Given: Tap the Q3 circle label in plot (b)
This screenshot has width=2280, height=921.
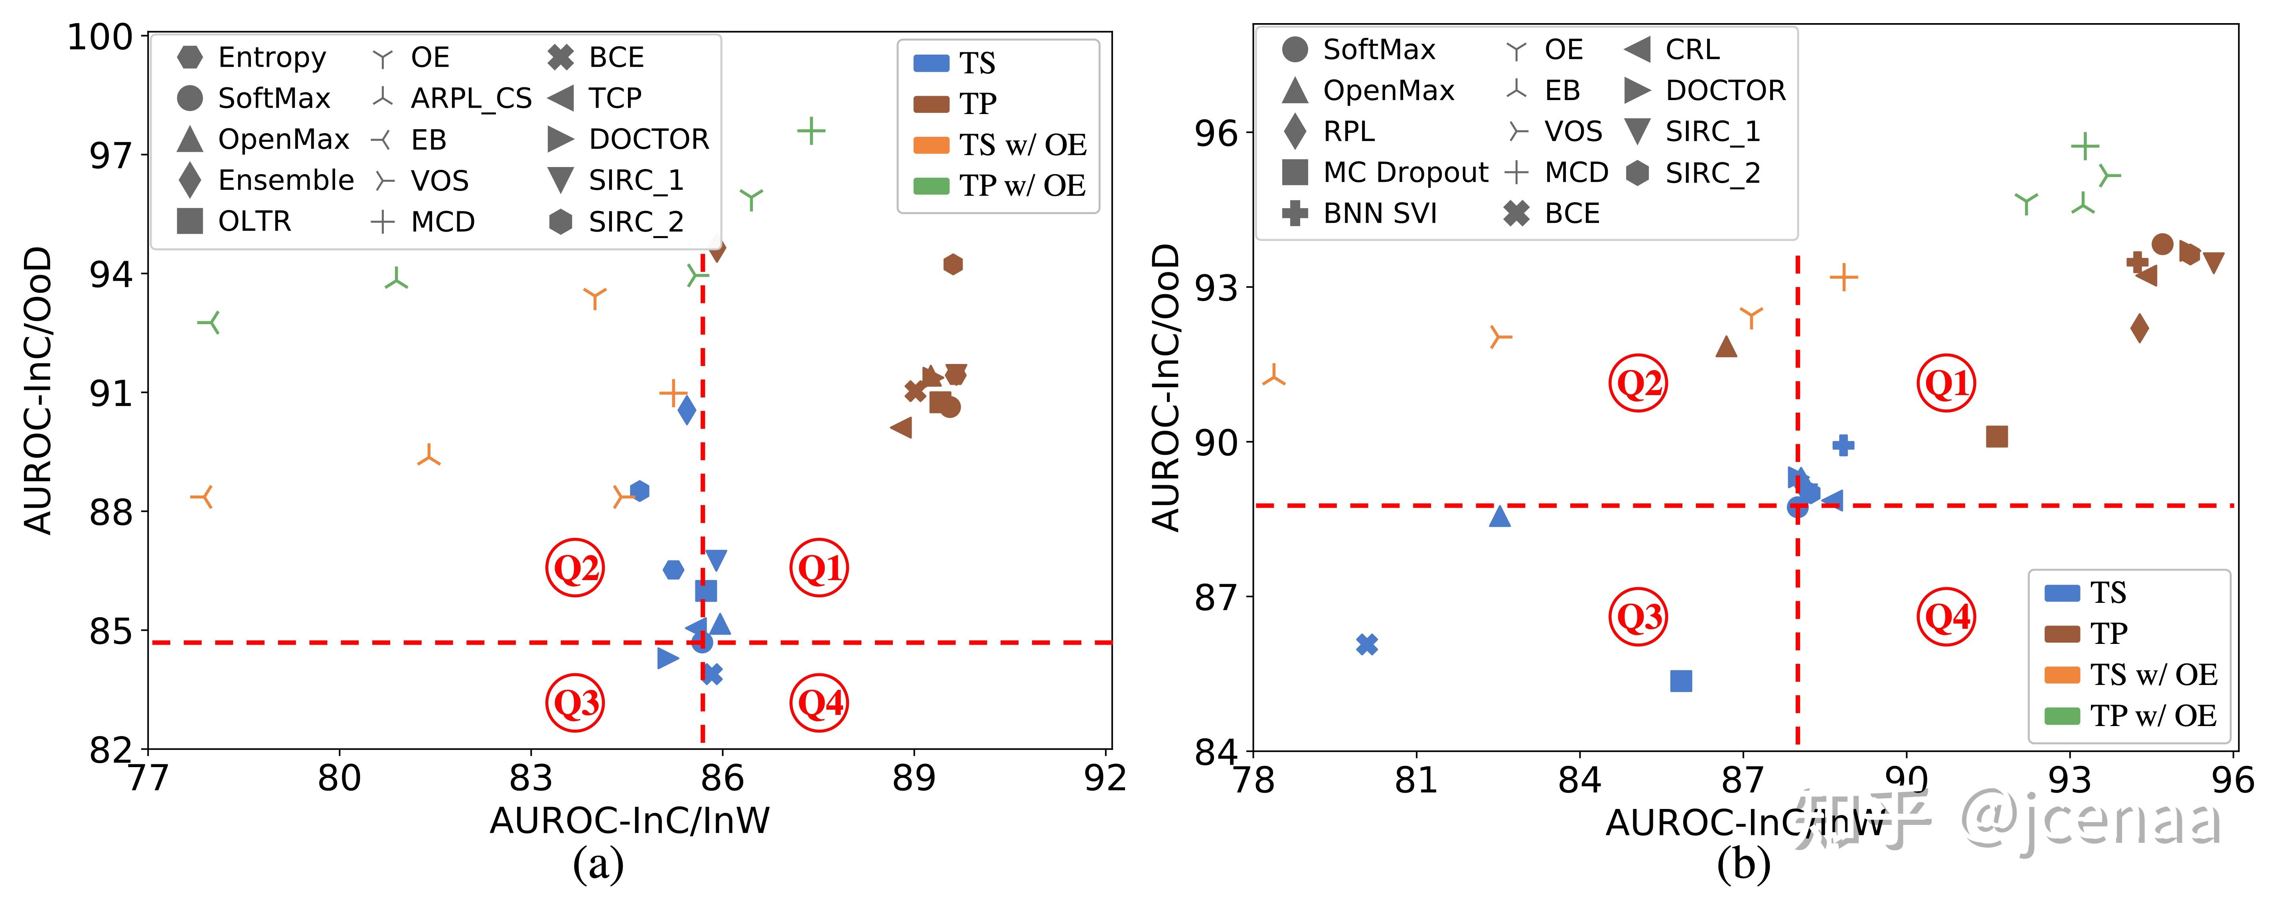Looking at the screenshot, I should click(1637, 617).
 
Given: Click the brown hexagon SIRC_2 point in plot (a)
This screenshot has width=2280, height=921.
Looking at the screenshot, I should click(952, 264).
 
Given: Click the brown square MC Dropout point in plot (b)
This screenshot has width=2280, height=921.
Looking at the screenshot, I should click(1997, 436).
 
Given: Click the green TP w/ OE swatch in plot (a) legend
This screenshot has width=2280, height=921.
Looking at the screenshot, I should click(931, 185).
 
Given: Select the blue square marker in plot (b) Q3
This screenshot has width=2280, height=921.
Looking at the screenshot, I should click(1681, 680).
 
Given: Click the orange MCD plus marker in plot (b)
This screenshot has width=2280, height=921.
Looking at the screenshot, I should click(1844, 277).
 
